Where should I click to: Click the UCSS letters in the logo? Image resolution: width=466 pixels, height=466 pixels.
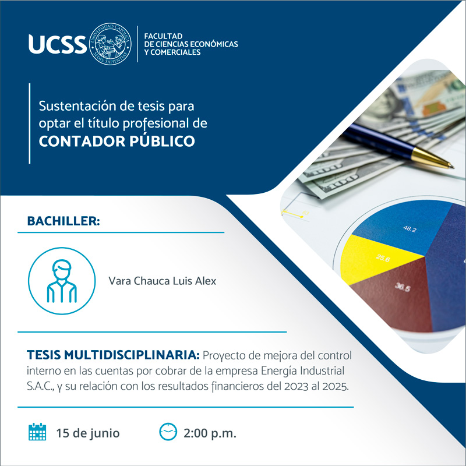click(57, 44)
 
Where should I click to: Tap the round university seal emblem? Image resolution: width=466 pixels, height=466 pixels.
click(110, 44)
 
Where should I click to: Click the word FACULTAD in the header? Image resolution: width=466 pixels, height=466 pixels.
click(163, 36)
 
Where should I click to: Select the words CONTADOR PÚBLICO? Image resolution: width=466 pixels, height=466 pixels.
click(117, 141)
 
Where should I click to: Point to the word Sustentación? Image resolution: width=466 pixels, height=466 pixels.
click(77, 106)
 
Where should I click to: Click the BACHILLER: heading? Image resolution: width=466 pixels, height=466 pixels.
click(63, 221)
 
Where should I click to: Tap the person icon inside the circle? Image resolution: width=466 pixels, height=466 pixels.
click(62, 281)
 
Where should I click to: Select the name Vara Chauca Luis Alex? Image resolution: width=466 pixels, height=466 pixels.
click(163, 281)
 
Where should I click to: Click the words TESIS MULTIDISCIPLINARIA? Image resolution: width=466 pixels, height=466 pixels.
click(113, 355)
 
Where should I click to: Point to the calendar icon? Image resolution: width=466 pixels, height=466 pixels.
click(37, 432)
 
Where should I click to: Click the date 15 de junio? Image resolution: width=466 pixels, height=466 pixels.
click(88, 433)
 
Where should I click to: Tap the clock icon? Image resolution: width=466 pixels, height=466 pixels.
click(168, 432)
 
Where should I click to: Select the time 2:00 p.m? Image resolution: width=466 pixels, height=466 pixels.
click(210, 433)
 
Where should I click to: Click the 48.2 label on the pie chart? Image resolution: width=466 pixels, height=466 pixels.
click(410, 229)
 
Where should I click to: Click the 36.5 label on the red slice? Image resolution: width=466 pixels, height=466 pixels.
click(403, 287)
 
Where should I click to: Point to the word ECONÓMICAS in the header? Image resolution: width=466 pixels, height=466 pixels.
click(214, 44)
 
